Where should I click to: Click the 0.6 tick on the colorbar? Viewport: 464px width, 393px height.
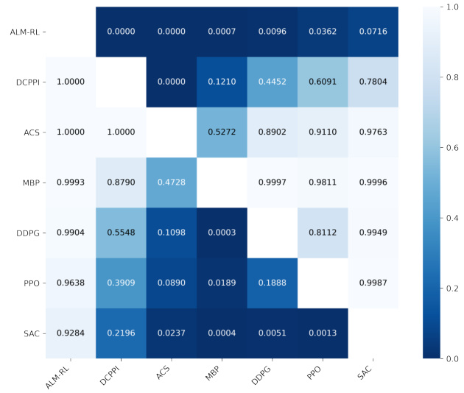[451, 147]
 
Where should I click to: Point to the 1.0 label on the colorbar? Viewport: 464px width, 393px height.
[451, 7]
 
